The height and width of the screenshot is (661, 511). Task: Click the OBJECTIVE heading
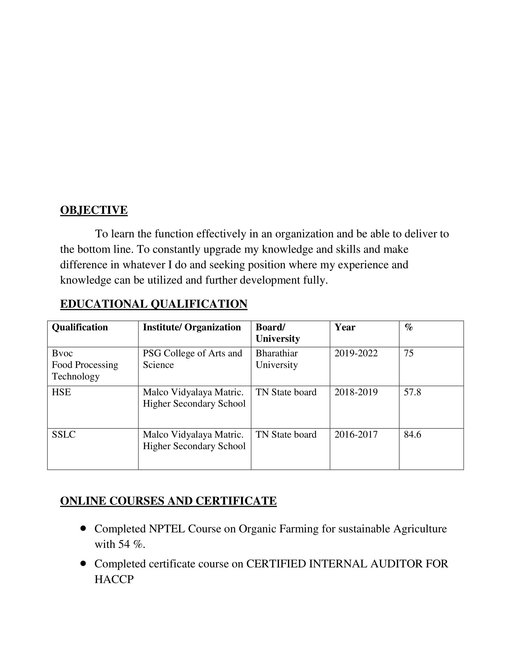pyautogui.click(x=94, y=210)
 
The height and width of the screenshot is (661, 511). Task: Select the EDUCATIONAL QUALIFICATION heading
pyautogui.click(x=154, y=304)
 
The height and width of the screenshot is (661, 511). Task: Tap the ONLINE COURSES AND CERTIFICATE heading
pyautogui.click(x=168, y=501)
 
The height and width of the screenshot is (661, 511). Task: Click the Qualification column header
pyautogui.click(x=80, y=327)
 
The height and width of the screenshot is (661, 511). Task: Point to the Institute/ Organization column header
pyautogui.click(x=192, y=327)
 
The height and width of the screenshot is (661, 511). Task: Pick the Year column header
pyautogui.click(x=345, y=327)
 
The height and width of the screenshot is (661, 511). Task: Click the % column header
pyautogui.click(x=409, y=327)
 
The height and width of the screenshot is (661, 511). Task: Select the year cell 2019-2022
pyautogui.click(x=356, y=353)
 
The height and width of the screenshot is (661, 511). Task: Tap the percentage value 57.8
pyautogui.click(x=412, y=392)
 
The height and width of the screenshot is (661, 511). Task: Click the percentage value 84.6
pyautogui.click(x=412, y=435)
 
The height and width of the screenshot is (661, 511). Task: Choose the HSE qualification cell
pyautogui.click(x=61, y=392)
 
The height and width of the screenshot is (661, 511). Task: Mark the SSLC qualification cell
pyautogui.click(x=63, y=435)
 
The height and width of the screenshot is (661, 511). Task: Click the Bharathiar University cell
pyautogui.click(x=277, y=359)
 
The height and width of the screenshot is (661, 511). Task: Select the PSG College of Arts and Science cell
pyautogui.click(x=193, y=359)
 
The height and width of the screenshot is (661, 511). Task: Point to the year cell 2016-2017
pyautogui.click(x=356, y=435)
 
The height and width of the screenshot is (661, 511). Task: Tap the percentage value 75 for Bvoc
pyautogui.click(x=408, y=353)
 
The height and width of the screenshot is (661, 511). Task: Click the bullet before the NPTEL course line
pyautogui.click(x=84, y=528)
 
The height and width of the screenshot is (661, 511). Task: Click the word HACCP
pyautogui.click(x=114, y=579)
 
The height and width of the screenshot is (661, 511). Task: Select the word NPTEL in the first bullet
pyautogui.click(x=167, y=529)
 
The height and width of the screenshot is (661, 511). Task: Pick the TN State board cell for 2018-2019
pyautogui.click(x=286, y=392)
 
